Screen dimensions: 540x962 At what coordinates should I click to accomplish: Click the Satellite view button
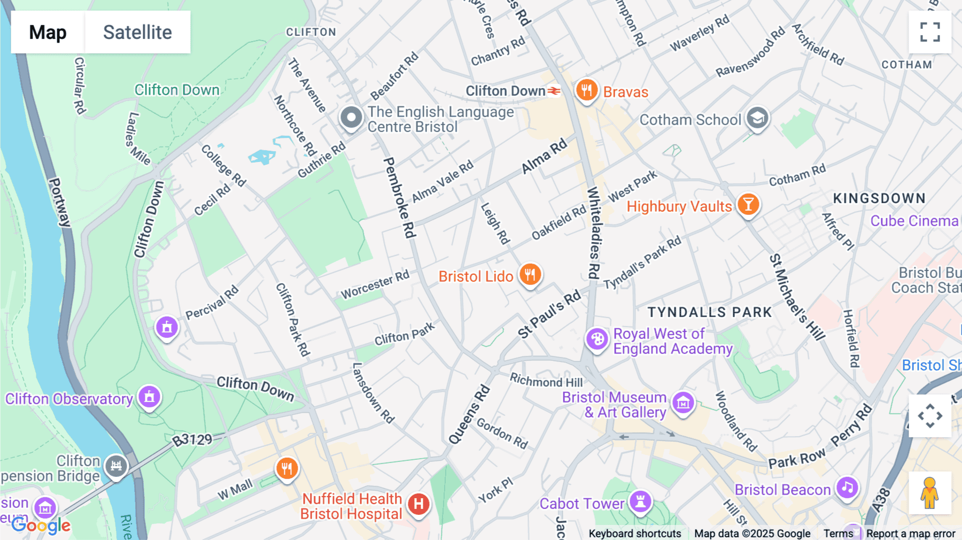(x=137, y=32)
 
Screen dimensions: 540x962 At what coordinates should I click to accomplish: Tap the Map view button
(x=48, y=32)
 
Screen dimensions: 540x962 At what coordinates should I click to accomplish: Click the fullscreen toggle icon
(x=930, y=32)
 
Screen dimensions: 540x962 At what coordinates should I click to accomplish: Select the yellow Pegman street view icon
(x=929, y=493)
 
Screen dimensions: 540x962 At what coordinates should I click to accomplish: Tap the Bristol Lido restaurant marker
(x=530, y=275)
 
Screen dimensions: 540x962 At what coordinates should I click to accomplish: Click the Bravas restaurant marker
(x=586, y=90)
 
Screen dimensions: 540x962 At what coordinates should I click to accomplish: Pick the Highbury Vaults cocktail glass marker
(x=748, y=204)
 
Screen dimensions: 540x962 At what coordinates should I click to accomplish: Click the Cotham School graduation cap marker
(x=757, y=118)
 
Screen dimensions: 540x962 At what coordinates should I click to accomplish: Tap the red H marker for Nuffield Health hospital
(x=418, y=504)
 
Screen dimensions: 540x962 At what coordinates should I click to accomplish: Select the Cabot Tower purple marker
(x=640, y=502)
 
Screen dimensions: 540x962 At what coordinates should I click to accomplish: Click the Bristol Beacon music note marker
(x=847, y=487)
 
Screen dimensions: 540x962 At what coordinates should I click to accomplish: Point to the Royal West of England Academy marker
(x=597, y=339)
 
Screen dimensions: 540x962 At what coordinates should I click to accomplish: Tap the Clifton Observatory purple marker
(x=150, y=397)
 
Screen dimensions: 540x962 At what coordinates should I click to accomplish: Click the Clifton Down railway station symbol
(x=554, y=91)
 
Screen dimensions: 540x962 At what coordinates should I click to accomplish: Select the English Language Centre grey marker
(x=351, y=117)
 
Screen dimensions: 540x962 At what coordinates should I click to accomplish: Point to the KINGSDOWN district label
(x=879, y=198)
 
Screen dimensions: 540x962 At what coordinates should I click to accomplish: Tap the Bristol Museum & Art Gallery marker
(x=683, y=403)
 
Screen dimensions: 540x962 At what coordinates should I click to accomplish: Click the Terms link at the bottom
(x=838, y=533)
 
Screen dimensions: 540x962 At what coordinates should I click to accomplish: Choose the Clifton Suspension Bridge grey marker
(x=116, y=466)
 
